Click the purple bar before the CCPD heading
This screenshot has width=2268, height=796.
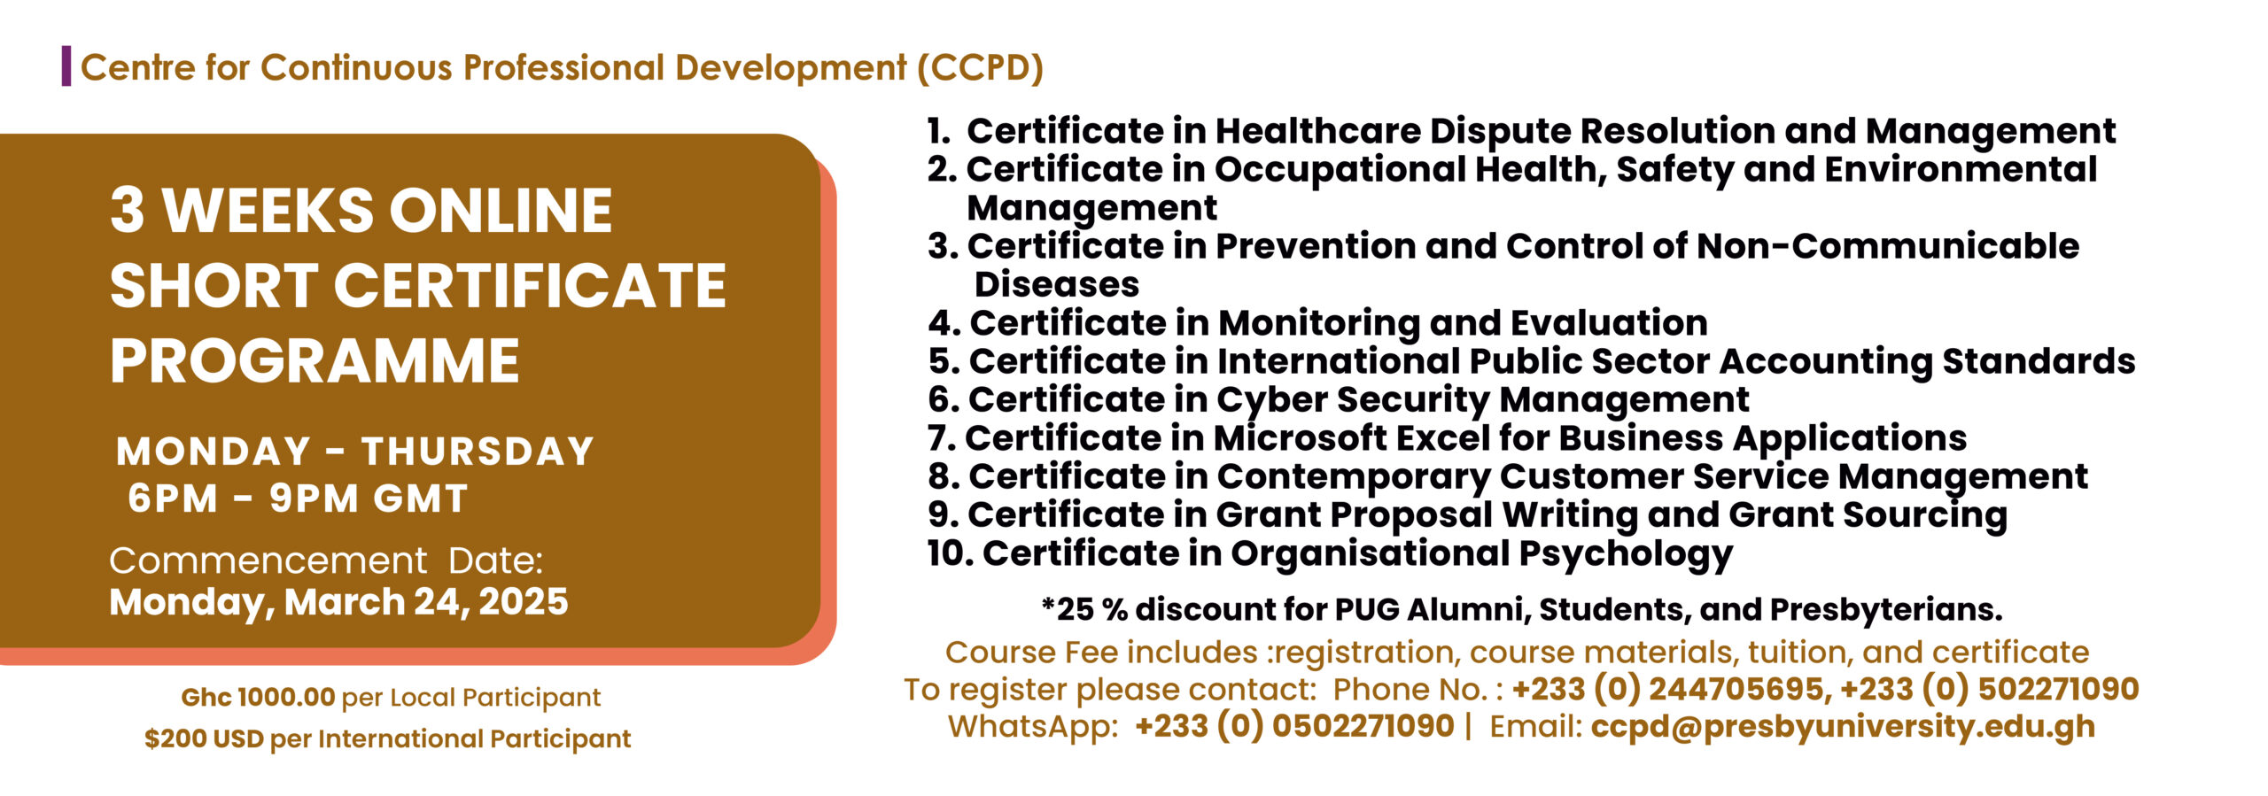(66, 66)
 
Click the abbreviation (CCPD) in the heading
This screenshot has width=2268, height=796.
(980, 68)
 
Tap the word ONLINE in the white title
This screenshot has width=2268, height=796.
(501, 211)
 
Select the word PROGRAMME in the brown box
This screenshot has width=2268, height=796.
(315, 361)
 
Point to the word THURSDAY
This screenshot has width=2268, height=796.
(478, 452)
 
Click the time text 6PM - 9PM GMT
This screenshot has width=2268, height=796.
(298, 498)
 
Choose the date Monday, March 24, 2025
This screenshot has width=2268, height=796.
(338, 602)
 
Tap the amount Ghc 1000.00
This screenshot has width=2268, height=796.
(258, 698)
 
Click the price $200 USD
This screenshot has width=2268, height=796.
(205, 738)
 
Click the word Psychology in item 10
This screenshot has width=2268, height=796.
(1626, 555)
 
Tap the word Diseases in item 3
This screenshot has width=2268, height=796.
(1057, 285)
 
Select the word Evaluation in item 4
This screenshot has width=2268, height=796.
(1609, 323)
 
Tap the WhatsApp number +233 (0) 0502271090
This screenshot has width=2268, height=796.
(1294, 726)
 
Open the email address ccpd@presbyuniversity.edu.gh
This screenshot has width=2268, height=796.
(1843, 727)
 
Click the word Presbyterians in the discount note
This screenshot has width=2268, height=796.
(1886, 610)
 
